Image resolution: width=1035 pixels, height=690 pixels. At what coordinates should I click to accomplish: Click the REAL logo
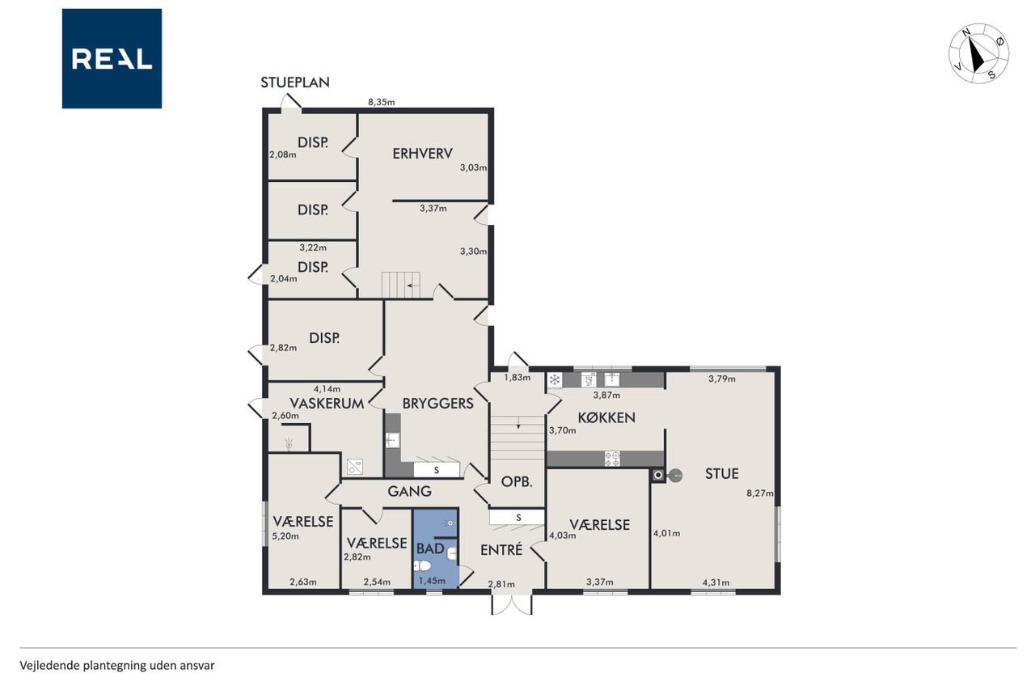[x=112, y=59]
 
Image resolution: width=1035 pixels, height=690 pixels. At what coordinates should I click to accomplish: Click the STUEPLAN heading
[x=295, y=83]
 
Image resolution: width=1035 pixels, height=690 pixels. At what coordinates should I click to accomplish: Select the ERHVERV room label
[x=422, y=154]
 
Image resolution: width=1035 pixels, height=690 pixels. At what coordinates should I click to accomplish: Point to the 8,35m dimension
[x=381, y=102]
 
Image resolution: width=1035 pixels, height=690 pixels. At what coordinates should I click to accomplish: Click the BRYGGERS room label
[x=438, y=404]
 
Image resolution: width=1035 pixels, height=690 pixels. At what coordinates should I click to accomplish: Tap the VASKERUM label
[x=327, y=404]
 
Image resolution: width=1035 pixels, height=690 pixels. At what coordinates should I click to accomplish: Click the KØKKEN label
[x=606, y=417]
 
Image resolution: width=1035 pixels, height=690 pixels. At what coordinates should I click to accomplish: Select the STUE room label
[x=722, y=474]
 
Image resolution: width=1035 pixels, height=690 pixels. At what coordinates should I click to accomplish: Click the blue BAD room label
[x=430, y=548]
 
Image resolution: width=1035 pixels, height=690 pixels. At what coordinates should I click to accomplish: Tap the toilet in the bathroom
[x=422, y=565]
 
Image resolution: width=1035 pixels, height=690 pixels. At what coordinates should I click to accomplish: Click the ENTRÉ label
[x=501, y=549]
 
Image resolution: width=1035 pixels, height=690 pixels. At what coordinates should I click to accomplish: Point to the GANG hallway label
[x=409, y=491]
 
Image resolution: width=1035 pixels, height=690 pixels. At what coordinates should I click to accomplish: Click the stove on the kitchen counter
[x=612, y=459]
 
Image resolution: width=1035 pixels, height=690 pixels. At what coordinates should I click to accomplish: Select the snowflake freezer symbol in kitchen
[x=555, y=380]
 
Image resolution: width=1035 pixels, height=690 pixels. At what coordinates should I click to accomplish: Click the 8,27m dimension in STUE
[x=759, y=493]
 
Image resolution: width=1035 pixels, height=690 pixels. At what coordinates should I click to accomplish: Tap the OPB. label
[x=517, y=481]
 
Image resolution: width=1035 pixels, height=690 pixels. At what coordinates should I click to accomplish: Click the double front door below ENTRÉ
[x=512, y=604]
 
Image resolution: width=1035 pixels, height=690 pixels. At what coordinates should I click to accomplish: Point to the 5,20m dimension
[x=285, y=536]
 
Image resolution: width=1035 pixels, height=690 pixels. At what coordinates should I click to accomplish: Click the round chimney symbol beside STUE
[x=675, y=475]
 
